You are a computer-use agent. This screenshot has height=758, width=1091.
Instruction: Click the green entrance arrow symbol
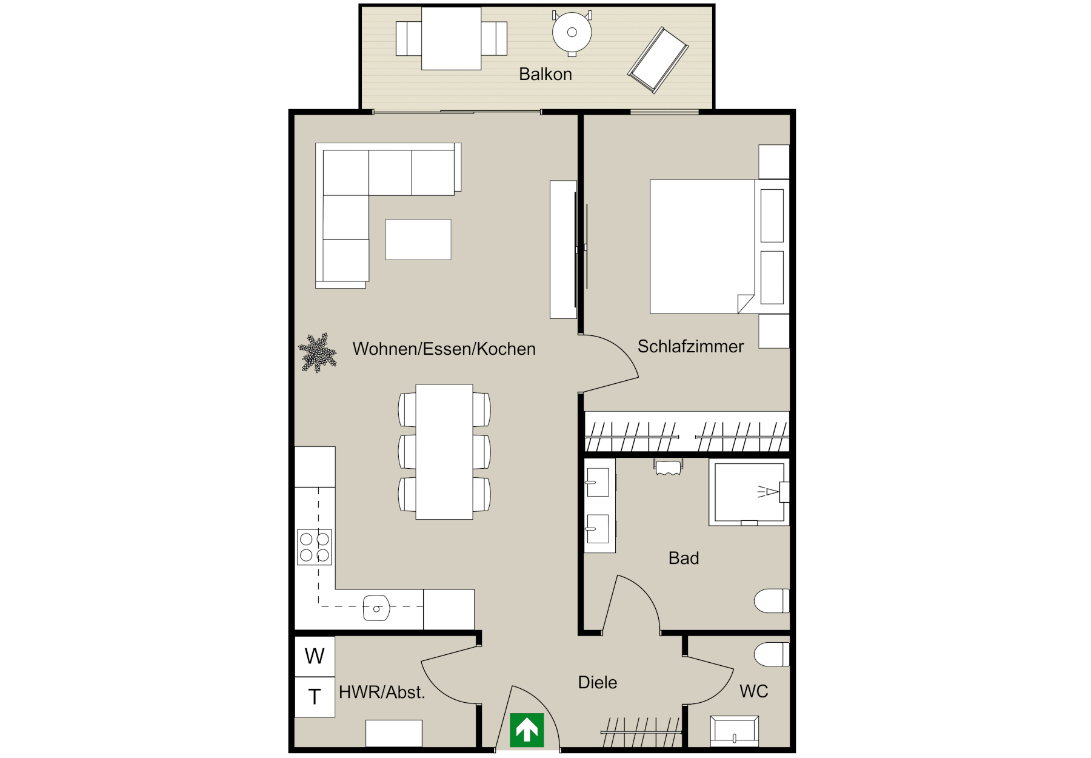click(527, 729)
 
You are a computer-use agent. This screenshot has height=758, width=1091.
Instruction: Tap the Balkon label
click(545, 74)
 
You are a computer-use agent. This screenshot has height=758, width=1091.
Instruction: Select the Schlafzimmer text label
click(690, 346)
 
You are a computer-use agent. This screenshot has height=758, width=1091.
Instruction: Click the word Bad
click(684, 558)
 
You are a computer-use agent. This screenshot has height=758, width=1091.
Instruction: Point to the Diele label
click(598, 682)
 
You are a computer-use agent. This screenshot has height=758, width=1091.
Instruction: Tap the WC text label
click(754, 691)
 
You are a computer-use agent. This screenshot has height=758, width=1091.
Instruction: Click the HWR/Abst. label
click(382, 692)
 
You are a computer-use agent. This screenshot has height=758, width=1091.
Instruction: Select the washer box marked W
click(315, 656)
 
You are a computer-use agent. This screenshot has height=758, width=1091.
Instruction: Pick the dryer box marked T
click(315, 697)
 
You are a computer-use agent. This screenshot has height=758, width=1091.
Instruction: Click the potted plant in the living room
click(317, 352)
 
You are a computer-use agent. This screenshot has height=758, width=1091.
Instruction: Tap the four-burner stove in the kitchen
click(315, 547)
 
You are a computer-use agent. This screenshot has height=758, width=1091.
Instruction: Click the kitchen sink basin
click(376, 608)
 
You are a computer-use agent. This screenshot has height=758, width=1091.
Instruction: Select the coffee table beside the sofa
click(418, 240)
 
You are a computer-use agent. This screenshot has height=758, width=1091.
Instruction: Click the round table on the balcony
click(572, 33)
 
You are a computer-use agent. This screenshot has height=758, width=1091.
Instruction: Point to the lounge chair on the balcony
click(658, 60)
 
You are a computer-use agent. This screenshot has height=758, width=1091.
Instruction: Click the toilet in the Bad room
click(772, 601)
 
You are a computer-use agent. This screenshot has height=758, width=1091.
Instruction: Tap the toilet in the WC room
click(772, 655)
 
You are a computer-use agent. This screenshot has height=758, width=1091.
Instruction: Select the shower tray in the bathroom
click(749, 492)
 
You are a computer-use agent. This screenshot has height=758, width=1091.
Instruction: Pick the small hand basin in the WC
click(735, 731)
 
